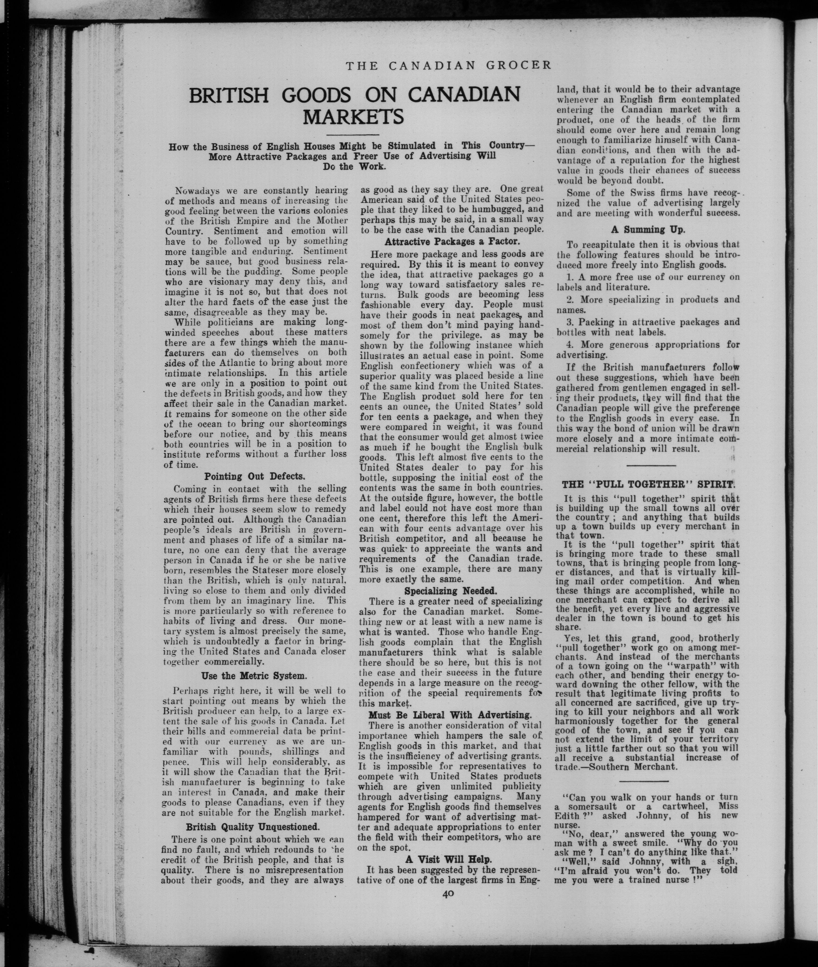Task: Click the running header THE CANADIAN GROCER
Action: click(449, 66)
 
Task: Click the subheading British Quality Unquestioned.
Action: click(253, 827)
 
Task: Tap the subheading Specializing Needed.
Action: click(451, 591)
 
